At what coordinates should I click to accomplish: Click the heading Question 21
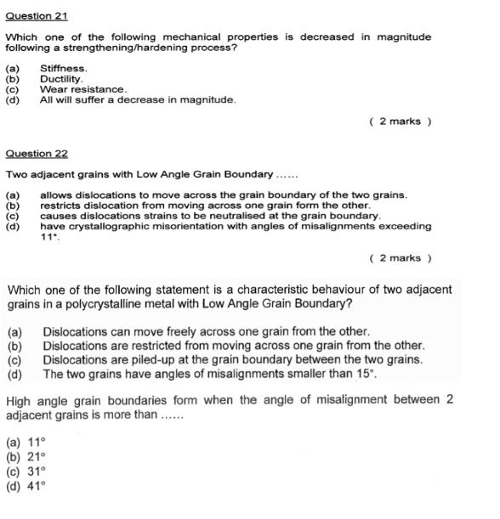37,16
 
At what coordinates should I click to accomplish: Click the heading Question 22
37,154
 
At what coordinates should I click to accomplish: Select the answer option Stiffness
64,67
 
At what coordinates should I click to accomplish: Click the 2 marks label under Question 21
401,121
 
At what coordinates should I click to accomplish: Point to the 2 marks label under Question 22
401,257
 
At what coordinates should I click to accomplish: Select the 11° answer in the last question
35,442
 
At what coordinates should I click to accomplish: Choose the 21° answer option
35,456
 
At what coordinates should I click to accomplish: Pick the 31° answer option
35,471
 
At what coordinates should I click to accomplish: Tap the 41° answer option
35,487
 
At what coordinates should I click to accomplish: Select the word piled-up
155,359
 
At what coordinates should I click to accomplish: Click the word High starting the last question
20,400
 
